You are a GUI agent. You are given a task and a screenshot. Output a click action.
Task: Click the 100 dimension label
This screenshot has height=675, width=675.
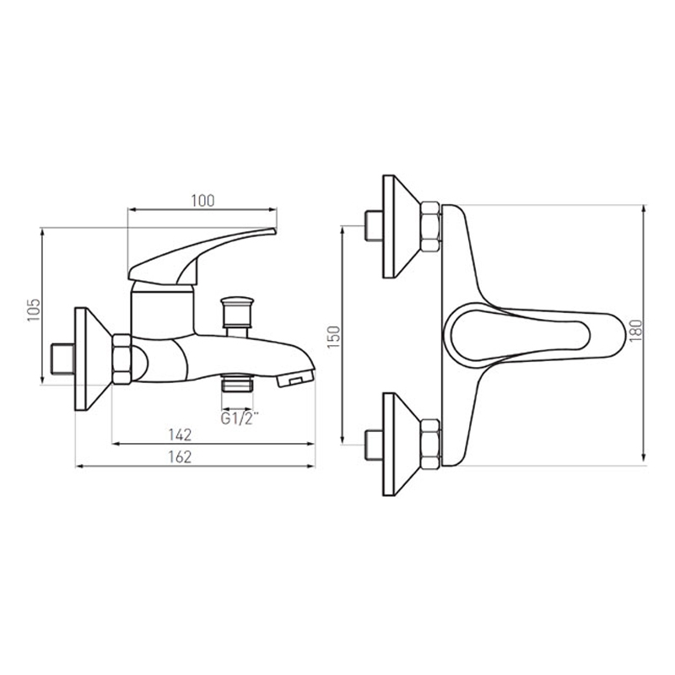point(202,201)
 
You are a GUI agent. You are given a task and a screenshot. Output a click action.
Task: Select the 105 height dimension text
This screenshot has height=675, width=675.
point(34,310)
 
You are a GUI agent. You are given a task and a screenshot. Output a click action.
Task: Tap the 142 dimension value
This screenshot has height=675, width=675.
point(180,435)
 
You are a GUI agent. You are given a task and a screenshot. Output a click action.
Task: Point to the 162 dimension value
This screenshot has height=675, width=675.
point(180,456)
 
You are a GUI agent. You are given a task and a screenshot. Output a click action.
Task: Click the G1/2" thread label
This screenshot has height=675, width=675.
point(240,418)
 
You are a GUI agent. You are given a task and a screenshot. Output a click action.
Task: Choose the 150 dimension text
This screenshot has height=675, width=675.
point(333,337)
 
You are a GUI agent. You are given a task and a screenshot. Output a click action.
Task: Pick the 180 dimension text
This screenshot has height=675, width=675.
point(635,330)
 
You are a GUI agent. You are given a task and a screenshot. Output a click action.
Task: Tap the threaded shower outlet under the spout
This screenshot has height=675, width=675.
point(236,383)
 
